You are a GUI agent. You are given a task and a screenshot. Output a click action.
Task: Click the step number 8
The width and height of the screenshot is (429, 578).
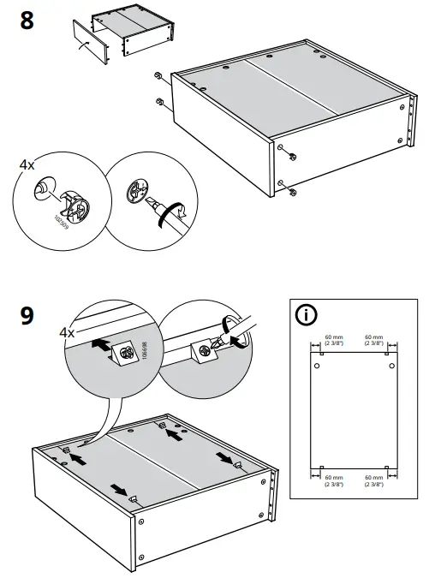click(27, 20)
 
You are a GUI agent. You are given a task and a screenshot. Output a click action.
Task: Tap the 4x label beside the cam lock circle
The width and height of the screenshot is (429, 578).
click(27, 163)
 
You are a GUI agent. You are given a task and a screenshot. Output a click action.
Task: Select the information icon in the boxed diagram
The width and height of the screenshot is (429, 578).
click(306, 314)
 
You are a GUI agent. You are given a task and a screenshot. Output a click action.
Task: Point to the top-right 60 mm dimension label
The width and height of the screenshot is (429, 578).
click(373, 340)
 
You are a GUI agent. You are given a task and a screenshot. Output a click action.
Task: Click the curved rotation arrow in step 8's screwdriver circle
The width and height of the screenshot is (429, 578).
click(175, 214)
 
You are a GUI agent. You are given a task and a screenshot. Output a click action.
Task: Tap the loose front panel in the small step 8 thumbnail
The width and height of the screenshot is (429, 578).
click(90, 41)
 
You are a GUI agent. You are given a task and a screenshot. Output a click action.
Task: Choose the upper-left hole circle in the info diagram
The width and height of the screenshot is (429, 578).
click(317, 366)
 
